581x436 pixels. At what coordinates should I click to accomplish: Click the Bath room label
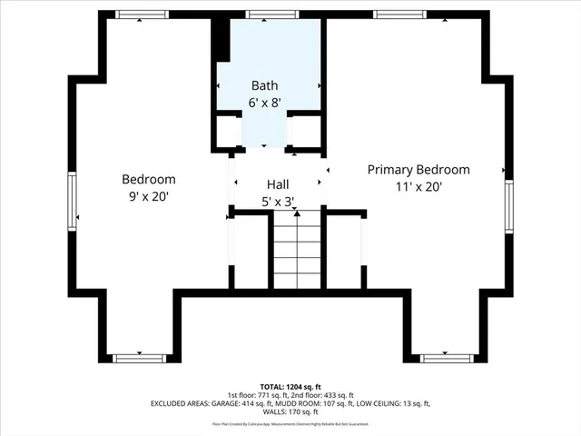264,85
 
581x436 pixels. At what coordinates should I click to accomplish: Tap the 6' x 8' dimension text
264,103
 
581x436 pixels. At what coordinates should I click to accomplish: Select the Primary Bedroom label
419,170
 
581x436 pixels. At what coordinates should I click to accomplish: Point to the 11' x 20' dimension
419,186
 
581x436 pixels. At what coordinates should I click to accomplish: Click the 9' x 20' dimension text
148,195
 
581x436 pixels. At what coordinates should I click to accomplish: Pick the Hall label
277,183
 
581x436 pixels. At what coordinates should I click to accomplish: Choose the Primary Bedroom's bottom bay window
448,358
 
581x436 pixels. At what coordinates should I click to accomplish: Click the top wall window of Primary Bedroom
399,14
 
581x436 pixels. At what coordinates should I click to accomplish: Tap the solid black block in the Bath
221,37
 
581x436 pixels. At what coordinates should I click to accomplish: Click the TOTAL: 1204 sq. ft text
290,386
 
